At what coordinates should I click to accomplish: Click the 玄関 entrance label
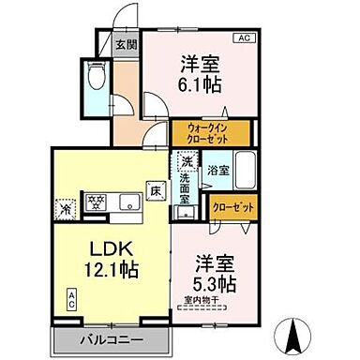point(127,44)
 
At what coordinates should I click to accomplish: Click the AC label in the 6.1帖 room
point(243,38)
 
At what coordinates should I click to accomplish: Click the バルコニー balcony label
point(111,339)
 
